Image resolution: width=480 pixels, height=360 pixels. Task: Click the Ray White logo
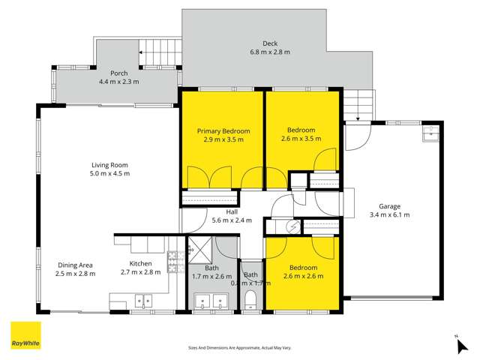[x=25, y=335]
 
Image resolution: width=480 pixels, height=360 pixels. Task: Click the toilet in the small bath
[x=251, y=301]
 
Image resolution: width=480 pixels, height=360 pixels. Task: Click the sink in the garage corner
[x=430, y=134]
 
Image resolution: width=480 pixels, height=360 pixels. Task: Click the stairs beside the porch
[x=160, y=55]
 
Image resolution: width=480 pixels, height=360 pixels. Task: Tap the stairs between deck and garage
[x=360, y=104]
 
